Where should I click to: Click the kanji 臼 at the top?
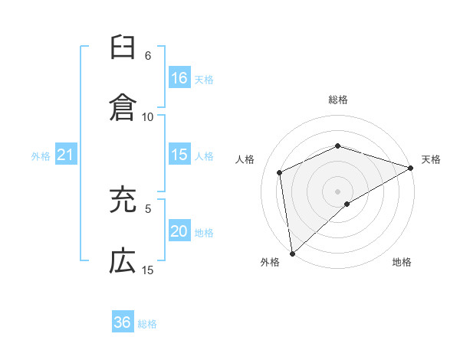pos(123,48)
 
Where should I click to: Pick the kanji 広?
pos(123,260)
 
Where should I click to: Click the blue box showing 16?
pos(179,77)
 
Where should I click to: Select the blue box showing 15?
pos(179,155)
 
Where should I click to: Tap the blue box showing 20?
pos(179,231)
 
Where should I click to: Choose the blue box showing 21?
pos(66,155)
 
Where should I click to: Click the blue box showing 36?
pos(123,322)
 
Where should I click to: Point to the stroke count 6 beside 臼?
pos(148,56)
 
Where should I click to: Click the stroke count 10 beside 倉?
pos(148,116)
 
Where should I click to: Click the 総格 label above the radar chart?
pos(338,100)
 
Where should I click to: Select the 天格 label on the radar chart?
pos(432,159)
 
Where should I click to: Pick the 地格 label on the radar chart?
pos(402,262)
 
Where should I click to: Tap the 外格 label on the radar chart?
pos(270,262)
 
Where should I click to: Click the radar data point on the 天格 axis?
pos(410,169)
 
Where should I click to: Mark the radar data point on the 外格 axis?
pos(292,254)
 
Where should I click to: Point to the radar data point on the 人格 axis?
pos(280,172)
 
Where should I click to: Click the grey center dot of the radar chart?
pos(338,191)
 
